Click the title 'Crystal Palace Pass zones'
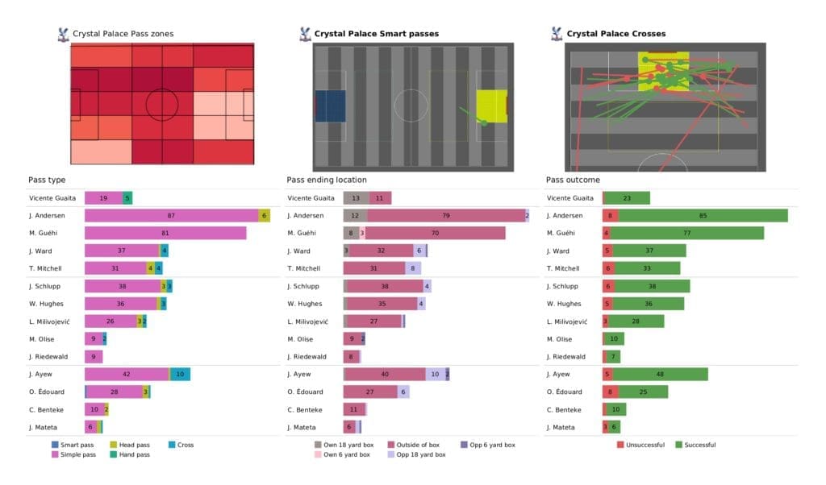[x=123, y=34]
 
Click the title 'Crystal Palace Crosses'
[x=616, y=34]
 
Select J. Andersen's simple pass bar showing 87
[x=171, y=215]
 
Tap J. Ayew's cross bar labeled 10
[x=180, y=374]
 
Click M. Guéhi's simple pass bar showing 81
[x=165, y=233]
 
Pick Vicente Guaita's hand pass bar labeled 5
[x=127, y=197]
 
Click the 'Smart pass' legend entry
[x=77, y=445]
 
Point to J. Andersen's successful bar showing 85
[x=702, y=215]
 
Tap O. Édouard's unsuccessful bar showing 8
[x=611, y=392]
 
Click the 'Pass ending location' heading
[x=326, y=180]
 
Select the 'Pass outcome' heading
[x=573, y=180]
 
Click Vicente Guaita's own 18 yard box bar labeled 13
[x=356, y=197]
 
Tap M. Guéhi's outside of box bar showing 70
[x=435, y=233]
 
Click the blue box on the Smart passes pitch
[x=330, y=106]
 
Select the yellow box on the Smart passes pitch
[x=490, y=106]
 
